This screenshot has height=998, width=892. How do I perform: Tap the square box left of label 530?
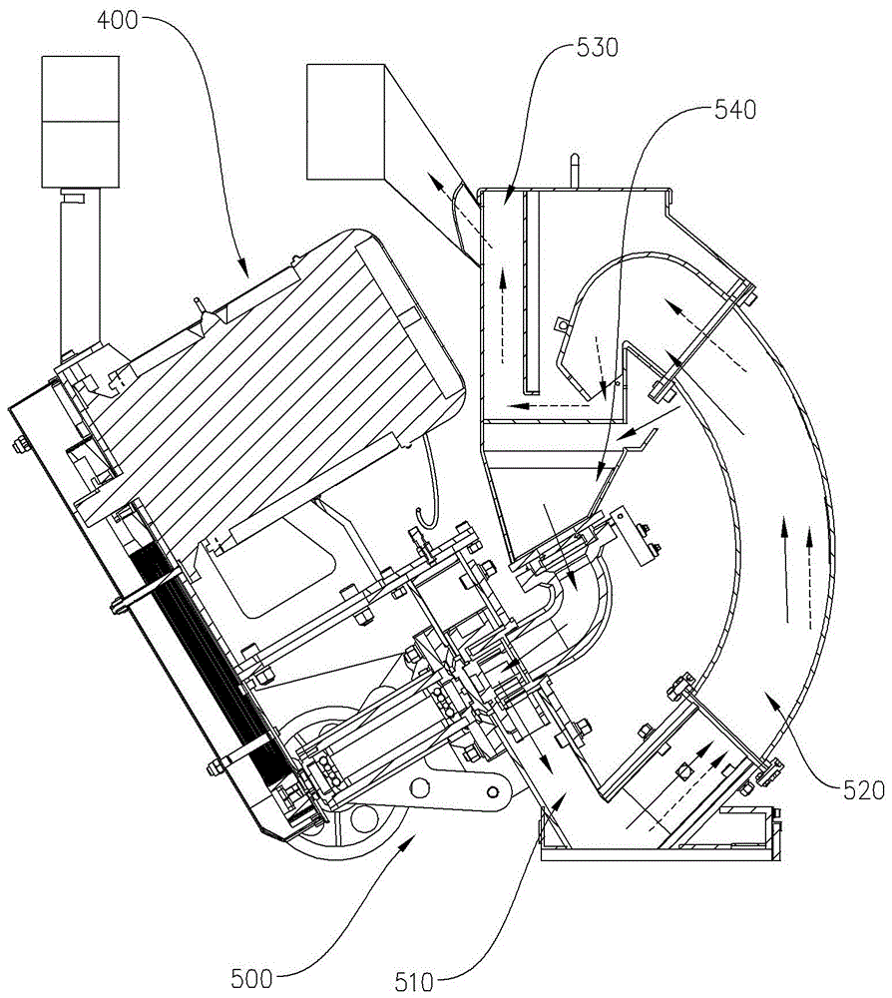tap(345, 121)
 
